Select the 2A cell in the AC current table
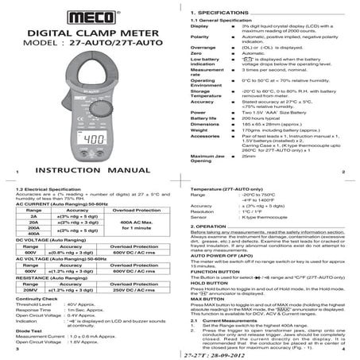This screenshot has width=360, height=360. [33, 215]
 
